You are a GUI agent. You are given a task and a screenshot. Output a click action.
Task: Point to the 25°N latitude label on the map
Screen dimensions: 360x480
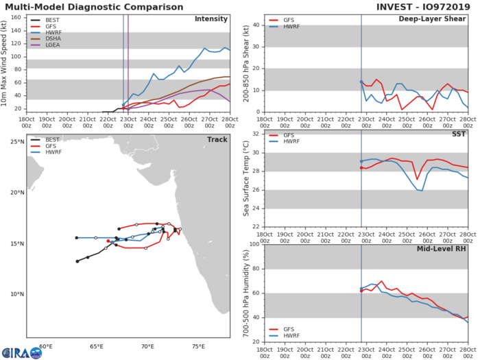[x=16, y=142]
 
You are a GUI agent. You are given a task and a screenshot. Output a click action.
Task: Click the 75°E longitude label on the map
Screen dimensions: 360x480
[x=198, y=347]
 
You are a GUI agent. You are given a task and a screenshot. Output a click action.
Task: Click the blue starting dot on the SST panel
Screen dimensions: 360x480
[x=361, y=161]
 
